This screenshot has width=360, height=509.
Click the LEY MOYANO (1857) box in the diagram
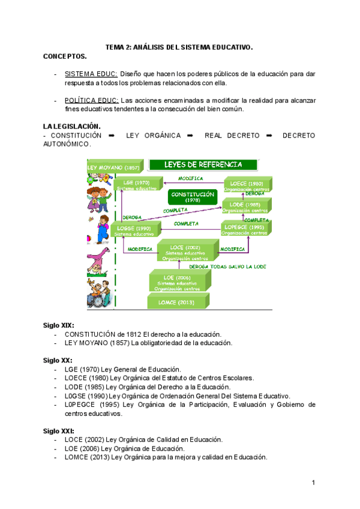coord(114,167)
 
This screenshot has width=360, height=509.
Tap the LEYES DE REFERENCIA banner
coord(203,164)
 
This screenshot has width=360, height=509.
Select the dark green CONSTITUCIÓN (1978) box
coord(192,197)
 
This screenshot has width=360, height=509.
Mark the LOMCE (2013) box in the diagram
coord(176,303)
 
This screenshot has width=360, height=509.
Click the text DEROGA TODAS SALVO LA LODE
coord(227,266)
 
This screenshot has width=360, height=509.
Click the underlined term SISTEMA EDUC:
coord(91,74)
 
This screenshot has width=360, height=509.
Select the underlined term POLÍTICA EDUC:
coord(92,100)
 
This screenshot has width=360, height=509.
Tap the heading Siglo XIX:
coord(59,325)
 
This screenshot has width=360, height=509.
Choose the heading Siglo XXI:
coord(59,431)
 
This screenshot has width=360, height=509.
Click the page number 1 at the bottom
coord(313,483)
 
